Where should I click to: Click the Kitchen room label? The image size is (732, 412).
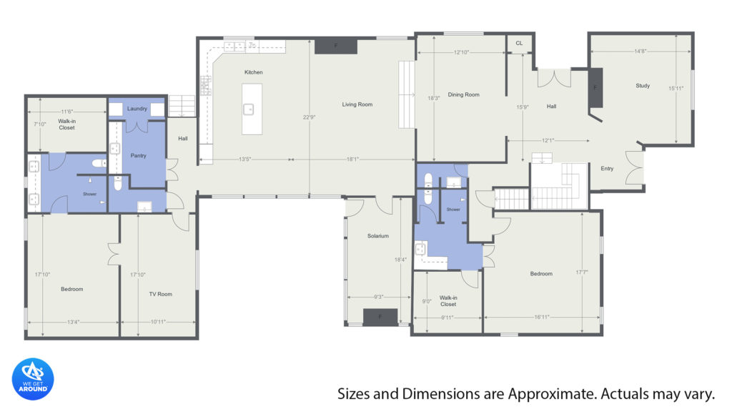click(x=254, y=72)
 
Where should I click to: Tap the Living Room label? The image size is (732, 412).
click(x=357, y=104)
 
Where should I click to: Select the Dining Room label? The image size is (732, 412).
click(x=463, y=94)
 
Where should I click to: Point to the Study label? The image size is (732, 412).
click(x=643, y=86)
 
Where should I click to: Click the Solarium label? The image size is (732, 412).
click(x=378, y=236)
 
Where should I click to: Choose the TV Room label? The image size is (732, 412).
click(x=161, y=294)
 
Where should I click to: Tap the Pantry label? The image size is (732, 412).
click(x=138, y=155)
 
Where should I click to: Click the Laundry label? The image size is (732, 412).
click(x=137, y=109)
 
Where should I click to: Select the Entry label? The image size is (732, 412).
click(x=607, y=168)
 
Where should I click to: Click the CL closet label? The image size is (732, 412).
click(x=519, y=43)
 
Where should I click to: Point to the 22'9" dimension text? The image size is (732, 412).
click(x=309, y=117)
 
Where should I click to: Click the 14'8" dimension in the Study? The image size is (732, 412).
click(x=640, y=51)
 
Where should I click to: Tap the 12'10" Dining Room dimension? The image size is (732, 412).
click(x=461, y=52)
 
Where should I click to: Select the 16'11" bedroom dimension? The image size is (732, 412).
click(x=542, y=317)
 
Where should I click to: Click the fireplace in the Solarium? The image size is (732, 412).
click(x=380, y=317)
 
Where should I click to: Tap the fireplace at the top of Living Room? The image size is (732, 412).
click(x=336, y=46)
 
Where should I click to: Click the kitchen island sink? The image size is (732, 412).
click(x=249, y=109)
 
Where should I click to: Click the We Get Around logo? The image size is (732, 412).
click(x=33, y=379)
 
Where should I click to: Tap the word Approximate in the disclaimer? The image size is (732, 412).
click(x=553, y=394)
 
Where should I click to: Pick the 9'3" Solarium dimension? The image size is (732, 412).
click(x=379, y=297)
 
